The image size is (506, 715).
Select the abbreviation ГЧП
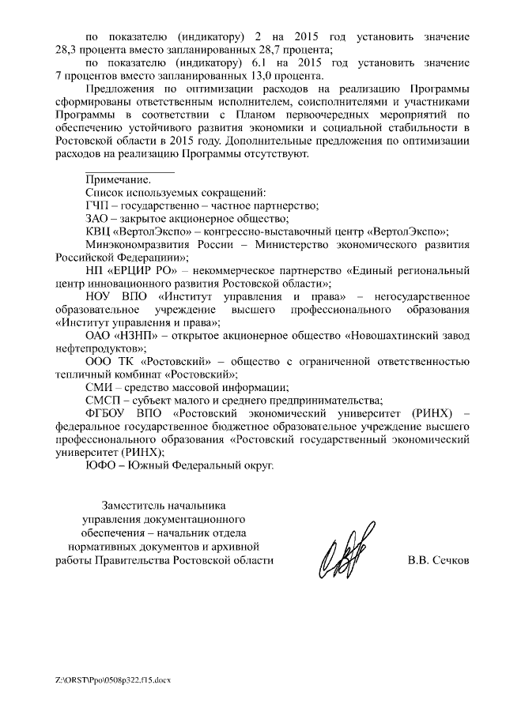click(x=97, y=205)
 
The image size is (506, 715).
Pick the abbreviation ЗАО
click(x=96, y=218)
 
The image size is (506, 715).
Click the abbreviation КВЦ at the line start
click(x=98, y=231)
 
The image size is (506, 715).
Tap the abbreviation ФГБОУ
click(x=106, y=413)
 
